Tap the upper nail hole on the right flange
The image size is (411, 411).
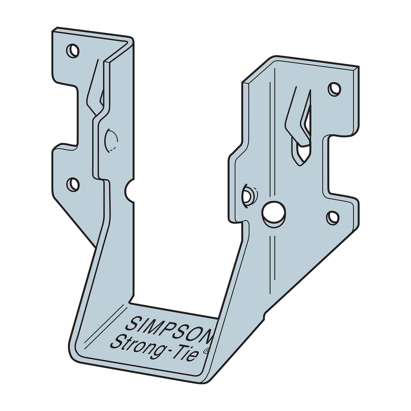pos(335,89)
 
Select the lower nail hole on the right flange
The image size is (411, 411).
pos(333,217)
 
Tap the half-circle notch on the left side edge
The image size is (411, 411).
pos(129,190)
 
